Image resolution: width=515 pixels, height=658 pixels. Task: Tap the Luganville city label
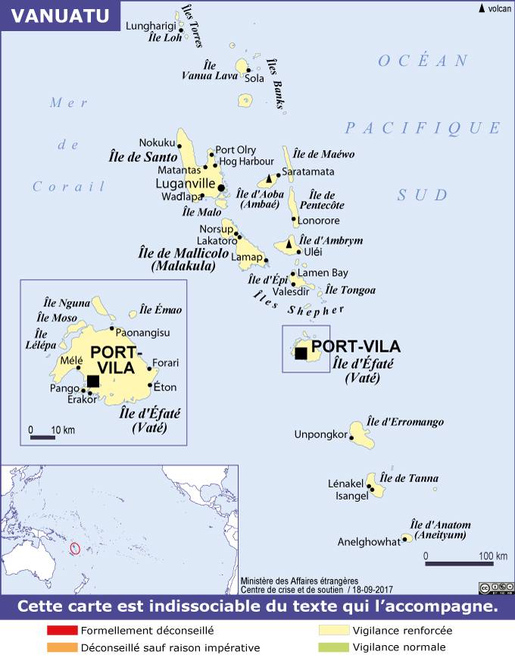pyautogui.click(x=185, y=183)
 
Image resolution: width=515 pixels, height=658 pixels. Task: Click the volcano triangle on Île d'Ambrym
pyautogui.click(x=289, y=245)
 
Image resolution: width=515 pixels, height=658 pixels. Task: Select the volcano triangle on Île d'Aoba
pyautogui.click(x=268, y=180)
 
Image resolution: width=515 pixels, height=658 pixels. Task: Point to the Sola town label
pyautogui.click(x=255, y=78)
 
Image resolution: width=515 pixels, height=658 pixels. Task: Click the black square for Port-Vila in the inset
pyautogui.click(x=93, y=381)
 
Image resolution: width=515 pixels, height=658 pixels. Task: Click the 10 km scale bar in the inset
pyautogui.click(x=43, y=437)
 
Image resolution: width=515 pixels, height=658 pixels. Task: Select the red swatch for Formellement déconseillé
pyautogui.click(x=61, y=630)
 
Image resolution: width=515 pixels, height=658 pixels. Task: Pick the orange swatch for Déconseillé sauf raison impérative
pyautogui.click(x=61, y=647)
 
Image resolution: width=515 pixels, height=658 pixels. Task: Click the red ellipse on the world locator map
pyautogui.click(x=74, y=547)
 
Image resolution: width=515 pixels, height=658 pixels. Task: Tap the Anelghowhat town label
pyautogui.click(x=368, y=542)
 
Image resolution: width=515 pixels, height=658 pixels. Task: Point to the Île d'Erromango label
pyautogui.click(x=405, y=421)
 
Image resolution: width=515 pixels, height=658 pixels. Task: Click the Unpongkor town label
pyautogui.click(x=320, y=434)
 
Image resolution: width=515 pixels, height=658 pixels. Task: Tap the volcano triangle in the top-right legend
pyautogui.click(x=482, y=8)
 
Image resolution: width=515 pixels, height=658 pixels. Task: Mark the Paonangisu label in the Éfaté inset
pyautogui.click(x=143, y=333)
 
